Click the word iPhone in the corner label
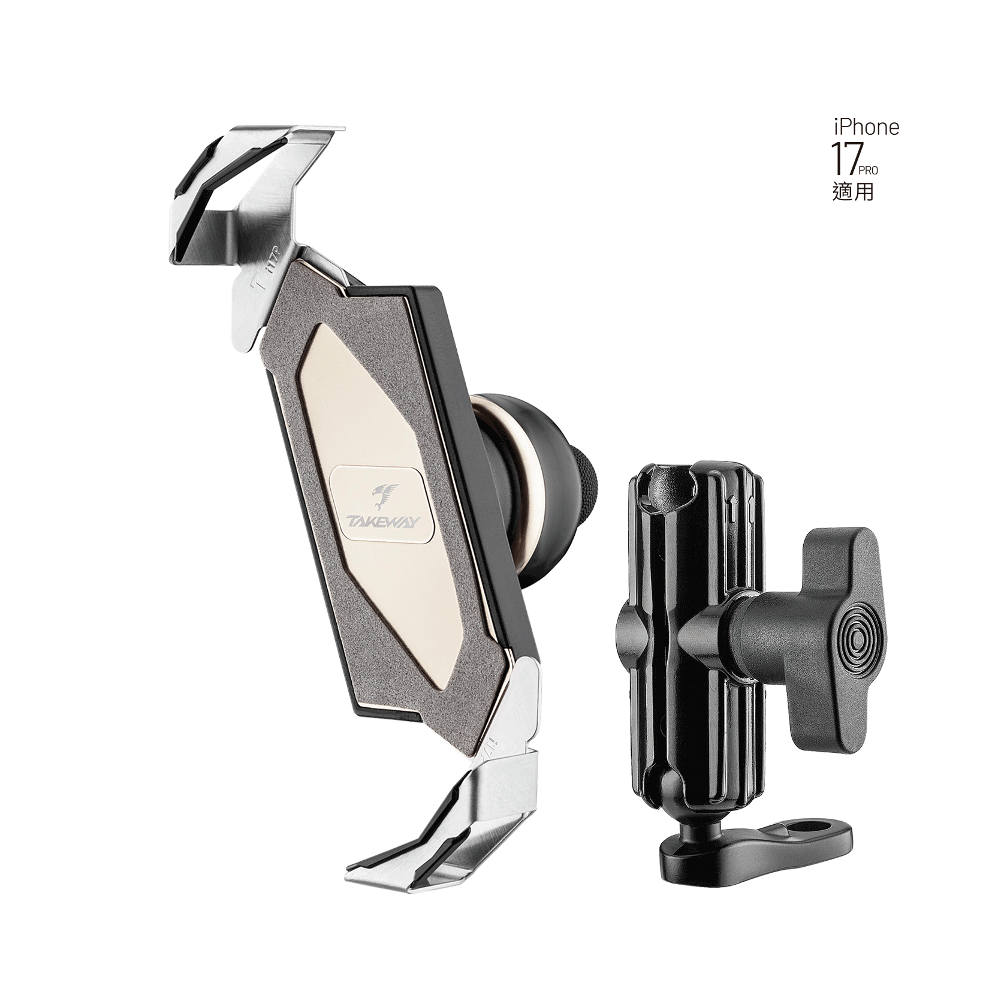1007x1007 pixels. point(867,127)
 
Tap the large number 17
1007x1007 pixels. point(843,158)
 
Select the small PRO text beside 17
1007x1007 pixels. point(867,171)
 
